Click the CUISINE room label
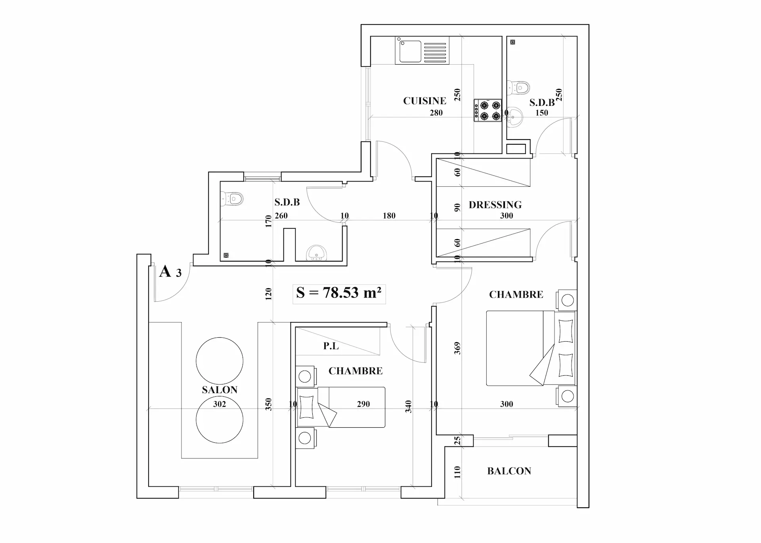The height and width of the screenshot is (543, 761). click(x=424, y=101)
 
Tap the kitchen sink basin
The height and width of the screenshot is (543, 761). click(x=410, y=51)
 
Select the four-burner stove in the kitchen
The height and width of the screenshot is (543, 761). click(x=488, y=111)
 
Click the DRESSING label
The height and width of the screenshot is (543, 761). click(x=495, y=205)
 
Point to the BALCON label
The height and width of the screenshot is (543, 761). click(x=509, y=471)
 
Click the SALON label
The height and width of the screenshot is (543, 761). click(x=220, y=390)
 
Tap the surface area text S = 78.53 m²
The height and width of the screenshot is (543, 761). click(x=339, y=293)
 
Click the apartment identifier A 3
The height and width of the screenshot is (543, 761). click(x=170, y=272)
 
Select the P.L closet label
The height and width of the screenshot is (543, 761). click(x=331, y=346)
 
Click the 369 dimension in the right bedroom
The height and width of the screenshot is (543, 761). click(x=457, y=348)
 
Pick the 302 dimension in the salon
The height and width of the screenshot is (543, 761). click(x=220, y=404)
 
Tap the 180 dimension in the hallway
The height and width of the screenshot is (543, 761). click(x=389, y=216)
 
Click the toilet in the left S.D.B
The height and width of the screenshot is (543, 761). click(x=232, y=198)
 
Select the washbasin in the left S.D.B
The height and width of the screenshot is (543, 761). click(x=317, y=252)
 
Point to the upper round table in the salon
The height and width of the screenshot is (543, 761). click(x=220, y=361)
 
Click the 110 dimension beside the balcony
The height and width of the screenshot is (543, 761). click(x=457, y=472)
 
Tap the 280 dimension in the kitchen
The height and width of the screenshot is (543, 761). click(x=436, y=113)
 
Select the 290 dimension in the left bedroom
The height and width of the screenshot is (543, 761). click(x=363, y=404)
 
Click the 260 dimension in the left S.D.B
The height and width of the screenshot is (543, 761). click(x=281, y=216)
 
